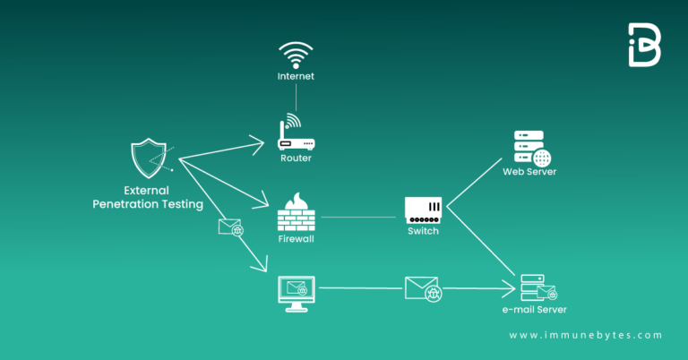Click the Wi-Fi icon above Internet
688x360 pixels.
coord(296,53)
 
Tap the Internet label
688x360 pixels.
coord(296,77)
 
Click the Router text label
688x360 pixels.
coord(296,158)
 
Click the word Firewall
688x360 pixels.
coord(296,240)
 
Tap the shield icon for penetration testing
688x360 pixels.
coord(149,159)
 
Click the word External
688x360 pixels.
coord(149,191)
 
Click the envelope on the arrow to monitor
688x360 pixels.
coord(231,227)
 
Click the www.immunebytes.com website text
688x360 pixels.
coord(586,335)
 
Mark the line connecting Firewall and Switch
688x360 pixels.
coord(358,217)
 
